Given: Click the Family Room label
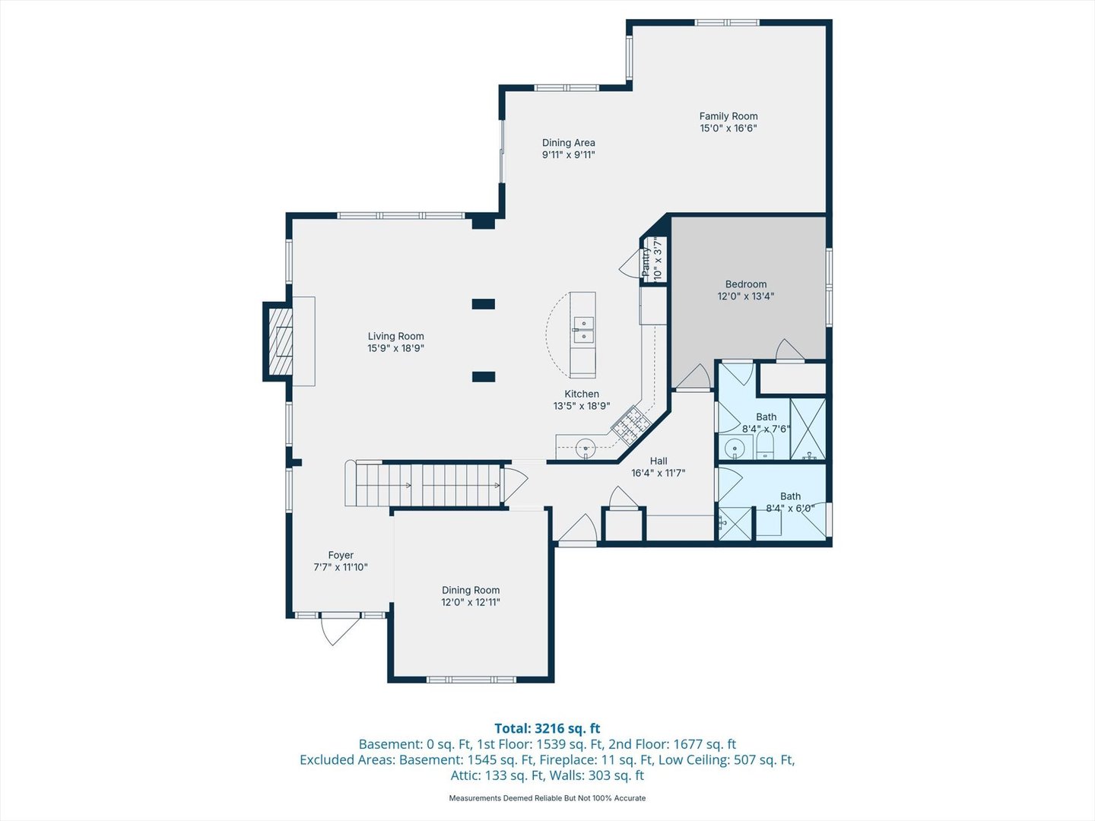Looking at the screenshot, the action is coord(728,116).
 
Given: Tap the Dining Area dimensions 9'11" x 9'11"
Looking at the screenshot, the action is coord(569,154).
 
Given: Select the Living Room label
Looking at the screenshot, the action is coord(396,337).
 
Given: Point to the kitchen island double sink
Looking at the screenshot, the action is coord(583,330).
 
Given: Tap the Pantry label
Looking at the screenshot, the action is coord(646,262).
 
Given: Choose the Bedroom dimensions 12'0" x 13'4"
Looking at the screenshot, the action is coord(746,296).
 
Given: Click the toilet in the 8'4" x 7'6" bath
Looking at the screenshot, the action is coord(764,445).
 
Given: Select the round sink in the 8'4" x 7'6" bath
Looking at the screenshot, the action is coord(735,448).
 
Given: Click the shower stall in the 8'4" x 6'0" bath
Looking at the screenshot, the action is coord(735,524).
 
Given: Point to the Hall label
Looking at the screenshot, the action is coord(659,461).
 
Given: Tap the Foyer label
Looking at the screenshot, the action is coord(341,555).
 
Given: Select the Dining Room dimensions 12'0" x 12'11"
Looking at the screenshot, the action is coord(471,602).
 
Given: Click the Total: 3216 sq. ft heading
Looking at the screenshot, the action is coord(547,728).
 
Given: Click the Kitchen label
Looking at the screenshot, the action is coord(582,394).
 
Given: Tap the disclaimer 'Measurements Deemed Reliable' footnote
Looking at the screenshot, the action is coord(547,798).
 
